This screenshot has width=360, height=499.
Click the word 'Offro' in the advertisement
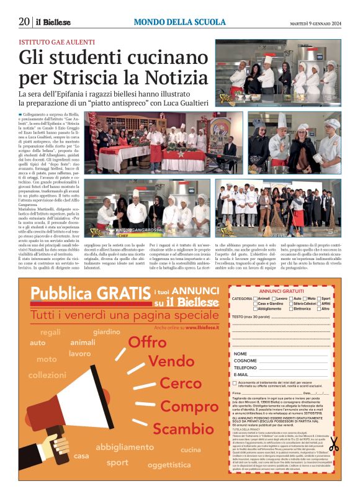click(147, 342)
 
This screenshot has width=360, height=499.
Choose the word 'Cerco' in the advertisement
click(181, 383)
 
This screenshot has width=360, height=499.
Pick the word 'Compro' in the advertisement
click(187, 407)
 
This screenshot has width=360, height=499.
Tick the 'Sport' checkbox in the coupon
click(318, 299)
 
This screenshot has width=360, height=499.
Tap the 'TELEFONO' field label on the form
click(245, 367)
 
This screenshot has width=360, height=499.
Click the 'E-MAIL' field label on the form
click(242, 375)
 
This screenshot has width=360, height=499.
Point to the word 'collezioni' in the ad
click(47, 375)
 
